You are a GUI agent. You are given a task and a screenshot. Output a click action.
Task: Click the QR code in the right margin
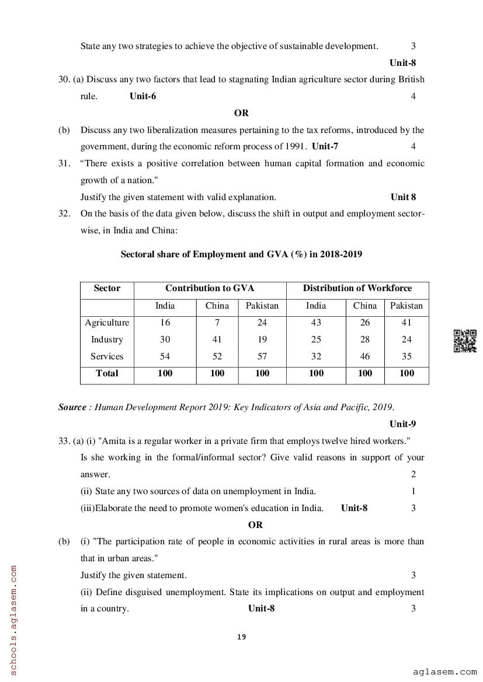pyautogui.click(x=465, y=341)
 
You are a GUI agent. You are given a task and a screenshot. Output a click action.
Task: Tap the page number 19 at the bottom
pyautogui.click(x=242, y=636)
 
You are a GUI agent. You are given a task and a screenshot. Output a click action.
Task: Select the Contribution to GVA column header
pyautogui.click(x=210, y=288)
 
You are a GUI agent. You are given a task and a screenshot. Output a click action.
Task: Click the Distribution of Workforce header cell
pyautogui.click(x=357, y=288)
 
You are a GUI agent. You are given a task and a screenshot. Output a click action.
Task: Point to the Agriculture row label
pyautogui.click(x=107, y=323)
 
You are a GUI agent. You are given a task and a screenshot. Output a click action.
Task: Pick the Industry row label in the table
pyautogui.click(x=107, y=340)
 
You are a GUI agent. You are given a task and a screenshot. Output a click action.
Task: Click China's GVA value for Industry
pyautogui.click(x=217, y=340)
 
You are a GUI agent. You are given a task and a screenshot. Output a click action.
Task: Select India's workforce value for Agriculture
pyautogui.click(x=316, y=323)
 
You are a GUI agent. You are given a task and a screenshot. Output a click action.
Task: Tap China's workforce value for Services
pyautogui.click(x=365, y=356)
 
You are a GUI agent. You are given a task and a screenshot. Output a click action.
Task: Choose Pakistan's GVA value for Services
pyautogui.click(x=262, y=356)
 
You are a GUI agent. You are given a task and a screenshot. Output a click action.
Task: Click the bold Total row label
pyautogui.click(x=107, y=373)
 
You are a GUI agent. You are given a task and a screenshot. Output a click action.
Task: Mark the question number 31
pyautogui.click(x=64, y=163)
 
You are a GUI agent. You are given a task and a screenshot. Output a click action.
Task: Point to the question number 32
pyautogui.click(x=64, y=214)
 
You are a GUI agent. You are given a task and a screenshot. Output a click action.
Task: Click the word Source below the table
pyautogui.click(x=72, y=407)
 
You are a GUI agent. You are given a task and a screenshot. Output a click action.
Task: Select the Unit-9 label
pyautogui.click(x=403, y=424)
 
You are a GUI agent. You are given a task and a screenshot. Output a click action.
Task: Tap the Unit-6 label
pyautogui.click(x=143, y=96)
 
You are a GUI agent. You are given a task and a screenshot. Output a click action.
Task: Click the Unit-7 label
pyautogui.click(x=325, y=146)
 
